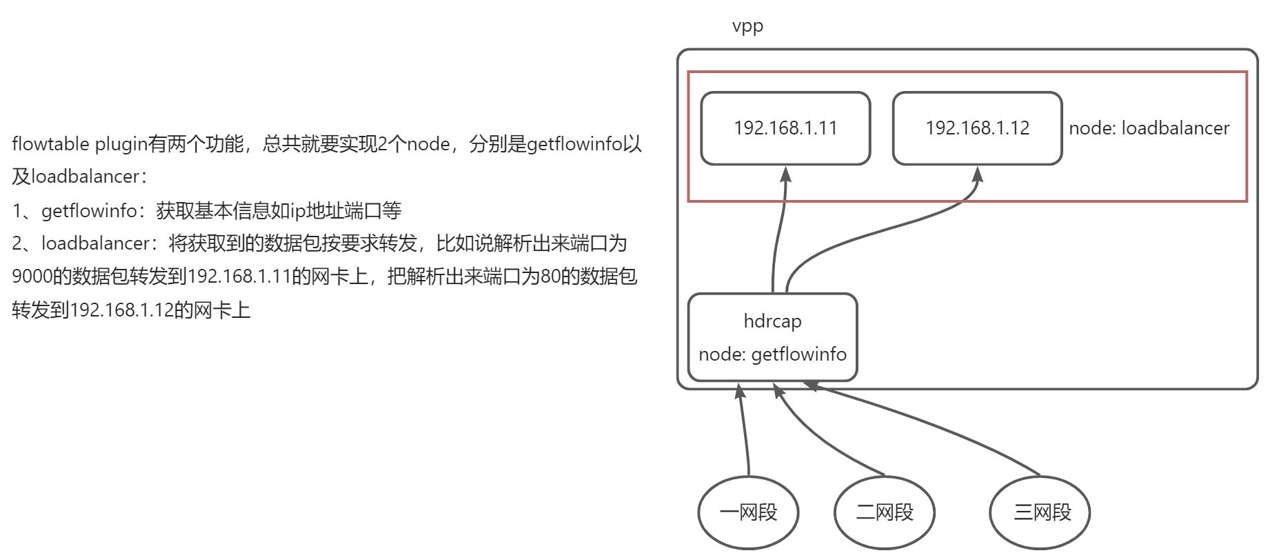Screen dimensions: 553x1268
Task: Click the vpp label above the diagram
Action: (747, 27)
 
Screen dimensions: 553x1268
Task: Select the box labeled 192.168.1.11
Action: (785, 128)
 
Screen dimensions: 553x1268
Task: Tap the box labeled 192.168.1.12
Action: (977, 128)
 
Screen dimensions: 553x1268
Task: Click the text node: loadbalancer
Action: (1149, 128)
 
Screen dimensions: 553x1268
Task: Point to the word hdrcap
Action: (772, 321)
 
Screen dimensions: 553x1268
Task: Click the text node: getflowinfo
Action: (772, 354)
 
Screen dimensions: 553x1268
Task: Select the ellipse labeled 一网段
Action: (748, 512)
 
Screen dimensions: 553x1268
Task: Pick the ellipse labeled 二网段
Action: (884, 512)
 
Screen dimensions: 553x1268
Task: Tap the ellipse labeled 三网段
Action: (1040, 512)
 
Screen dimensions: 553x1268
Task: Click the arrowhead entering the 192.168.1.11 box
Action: (785, 174)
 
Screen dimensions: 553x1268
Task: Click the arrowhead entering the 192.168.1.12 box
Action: (977, 174)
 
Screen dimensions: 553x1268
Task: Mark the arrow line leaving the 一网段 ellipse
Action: (745, 434)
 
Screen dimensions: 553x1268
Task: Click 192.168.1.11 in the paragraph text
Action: (239, 276)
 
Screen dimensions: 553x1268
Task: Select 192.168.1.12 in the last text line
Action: (121, 310)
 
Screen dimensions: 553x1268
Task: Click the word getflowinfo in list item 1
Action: (89, 210)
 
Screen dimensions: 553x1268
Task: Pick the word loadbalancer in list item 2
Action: (95, 243)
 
